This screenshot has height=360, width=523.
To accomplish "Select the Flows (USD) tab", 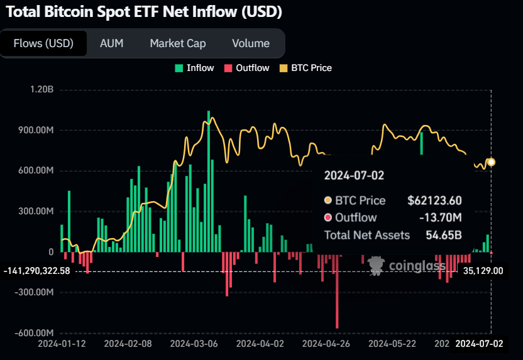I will pos(43,43).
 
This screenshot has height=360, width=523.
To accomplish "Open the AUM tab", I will pos(111,43).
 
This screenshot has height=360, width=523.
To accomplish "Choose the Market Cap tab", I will pos(177,43).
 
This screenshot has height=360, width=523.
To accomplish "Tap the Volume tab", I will pos(250,43).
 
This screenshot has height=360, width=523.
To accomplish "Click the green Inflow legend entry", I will pos(194,68).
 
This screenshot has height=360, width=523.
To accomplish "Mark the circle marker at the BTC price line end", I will pos(491,162).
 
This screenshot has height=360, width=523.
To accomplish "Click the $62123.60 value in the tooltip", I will pos(434,200).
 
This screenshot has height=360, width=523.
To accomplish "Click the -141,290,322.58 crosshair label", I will pos(36,271).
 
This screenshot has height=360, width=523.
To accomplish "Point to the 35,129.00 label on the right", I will pos(483,271).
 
